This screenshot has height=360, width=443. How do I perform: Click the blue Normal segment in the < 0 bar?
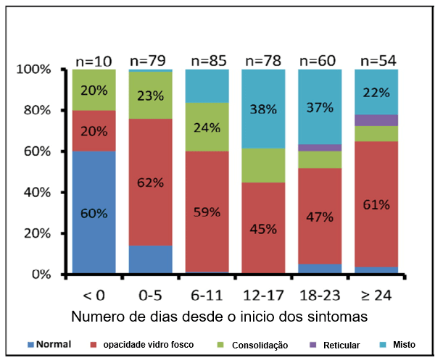(x=94, y=213)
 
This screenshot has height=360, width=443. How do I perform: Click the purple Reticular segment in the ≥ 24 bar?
(x=376, y=120)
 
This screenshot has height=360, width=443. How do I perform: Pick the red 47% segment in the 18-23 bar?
(x=320, y=216)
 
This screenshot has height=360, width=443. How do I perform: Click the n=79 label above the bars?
(x=150, y=59)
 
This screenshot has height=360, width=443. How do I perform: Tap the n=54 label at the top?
(x=376, y=59)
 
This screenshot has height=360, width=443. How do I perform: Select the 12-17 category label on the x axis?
(x=263, y=295)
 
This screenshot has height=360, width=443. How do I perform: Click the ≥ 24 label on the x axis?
(x=376, y=295)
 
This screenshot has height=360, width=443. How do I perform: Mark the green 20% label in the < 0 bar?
(x=94, y=91)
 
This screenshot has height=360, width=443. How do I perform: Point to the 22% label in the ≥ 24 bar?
(x=376, y=92)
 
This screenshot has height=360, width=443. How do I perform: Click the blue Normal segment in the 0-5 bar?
(x=151, y=259)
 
